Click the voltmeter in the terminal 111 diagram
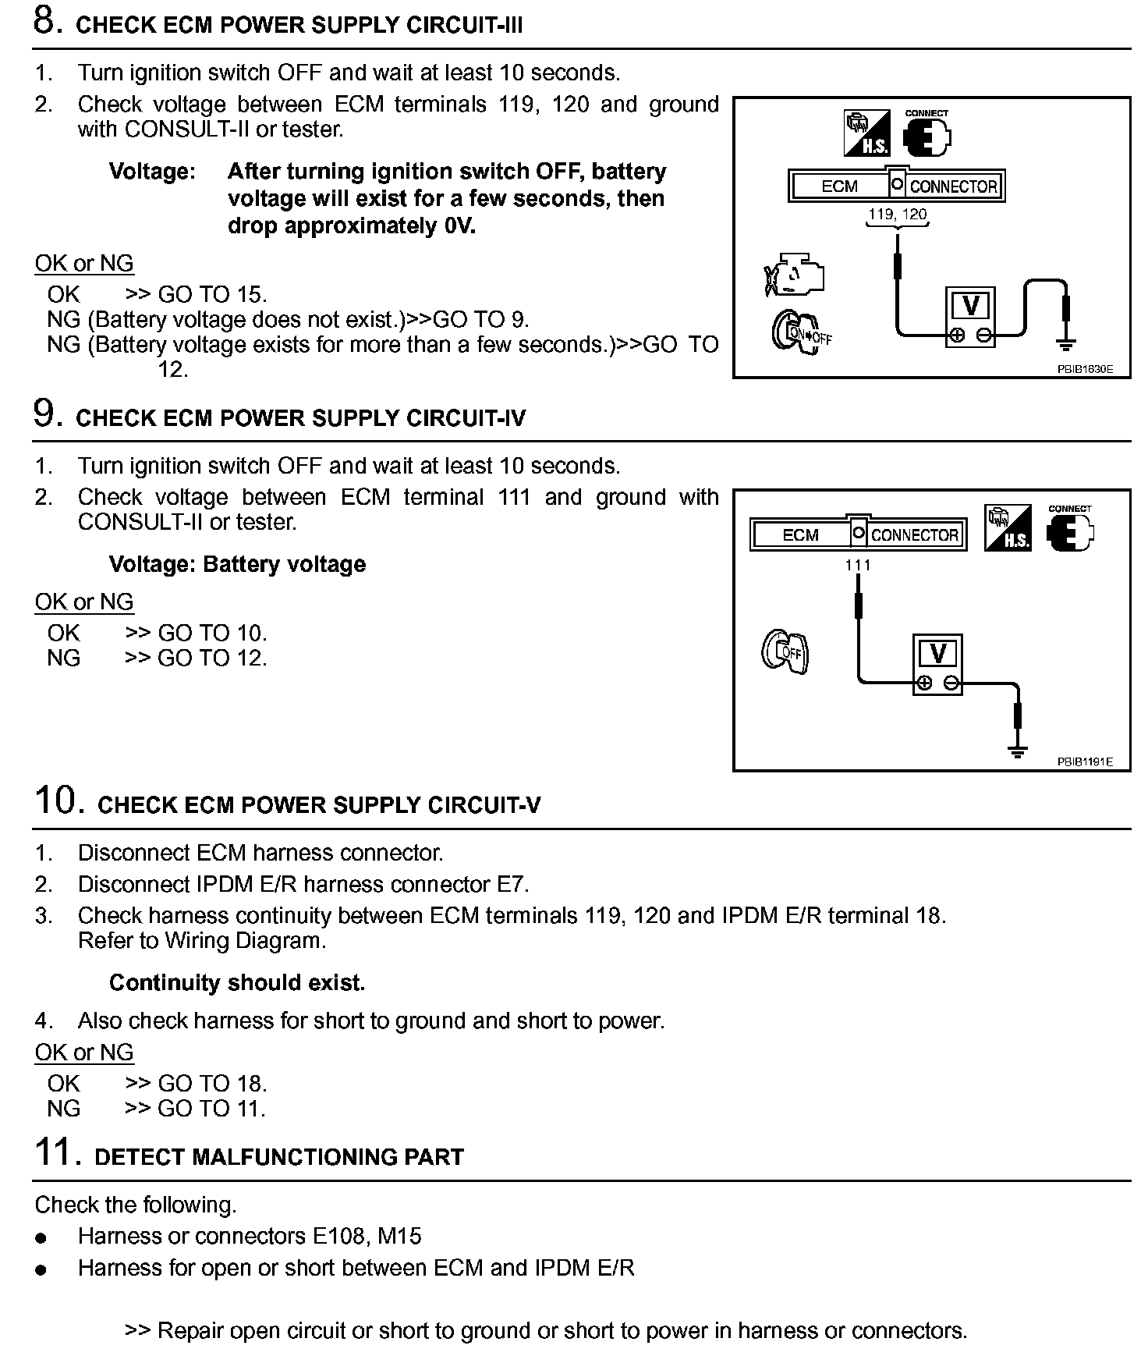tap(937, 665)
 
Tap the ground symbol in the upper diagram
tap(1066, 343)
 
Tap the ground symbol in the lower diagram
tap(1017, 751)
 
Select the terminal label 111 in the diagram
tap(857, 565)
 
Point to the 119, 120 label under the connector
tap(898, 214)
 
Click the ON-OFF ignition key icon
tap(802, 333)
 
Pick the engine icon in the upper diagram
tap(794, 275)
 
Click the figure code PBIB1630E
tap(1085, 370)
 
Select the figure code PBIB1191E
tap(1085, 762)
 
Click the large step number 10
tap(58, 800)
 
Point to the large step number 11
tap(57, 1152)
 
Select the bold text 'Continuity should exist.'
tap(237, 982)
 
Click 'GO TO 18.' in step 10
tap(212, 1083)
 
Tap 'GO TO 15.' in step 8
tap(212, 294)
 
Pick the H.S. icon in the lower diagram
tap(1008, 529)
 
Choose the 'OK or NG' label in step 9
tap(84, 602)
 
